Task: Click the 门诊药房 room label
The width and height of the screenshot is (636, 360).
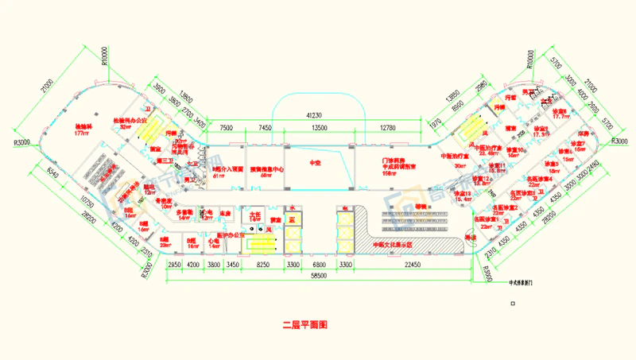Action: click(395, 164)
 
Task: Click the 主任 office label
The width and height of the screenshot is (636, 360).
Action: click(255, 215)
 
